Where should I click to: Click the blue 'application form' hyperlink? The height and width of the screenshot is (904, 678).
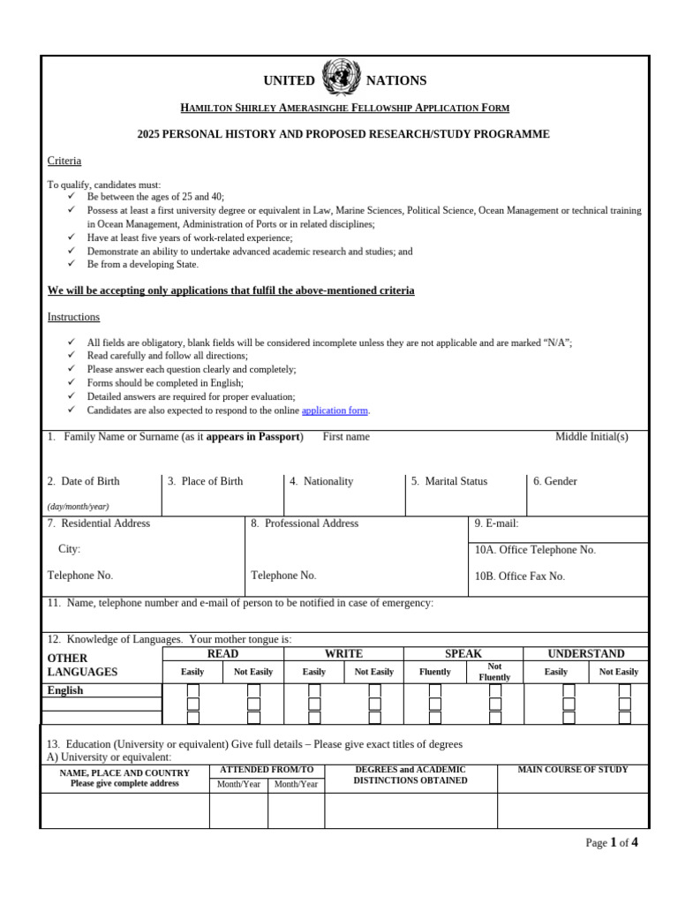click(x=335, y=411)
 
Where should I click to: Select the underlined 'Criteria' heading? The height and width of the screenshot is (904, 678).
click(x=64, y=161)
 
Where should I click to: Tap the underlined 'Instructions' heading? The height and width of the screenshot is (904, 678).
click(x=73, y=317)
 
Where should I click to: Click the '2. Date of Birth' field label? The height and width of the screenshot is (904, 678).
click(x=83, y=481)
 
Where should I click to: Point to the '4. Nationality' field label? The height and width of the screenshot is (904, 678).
click(x=321, y=481)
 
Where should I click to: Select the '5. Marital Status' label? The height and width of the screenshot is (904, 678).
click(x=449, y=481)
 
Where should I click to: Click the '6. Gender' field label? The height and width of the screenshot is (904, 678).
click(x=555, y=481)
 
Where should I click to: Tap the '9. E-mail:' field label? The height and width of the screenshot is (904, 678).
click(x=496, y=524)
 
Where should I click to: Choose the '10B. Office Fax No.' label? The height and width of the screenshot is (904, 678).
click(x=520, y=576)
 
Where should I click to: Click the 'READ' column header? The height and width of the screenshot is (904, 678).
click(x=222, y=654)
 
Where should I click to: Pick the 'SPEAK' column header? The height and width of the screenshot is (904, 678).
click(x=463, y=654)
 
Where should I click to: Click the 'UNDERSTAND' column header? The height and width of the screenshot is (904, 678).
click(x=585, y=654)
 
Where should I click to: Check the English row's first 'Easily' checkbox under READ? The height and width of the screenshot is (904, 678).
click(x=193, y=690)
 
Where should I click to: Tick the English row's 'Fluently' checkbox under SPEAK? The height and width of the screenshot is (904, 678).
click(x=434, y=690)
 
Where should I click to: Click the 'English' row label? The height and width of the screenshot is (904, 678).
click(x=65, y=690)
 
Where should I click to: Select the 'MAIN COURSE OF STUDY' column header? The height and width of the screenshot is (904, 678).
click(x=573, y=770)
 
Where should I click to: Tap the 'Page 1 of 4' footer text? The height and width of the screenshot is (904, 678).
click(x=611, y=843)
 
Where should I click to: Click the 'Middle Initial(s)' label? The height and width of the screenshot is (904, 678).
click(x=591, y=437)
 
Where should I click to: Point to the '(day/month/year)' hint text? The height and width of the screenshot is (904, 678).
click(x=78, y=507)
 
